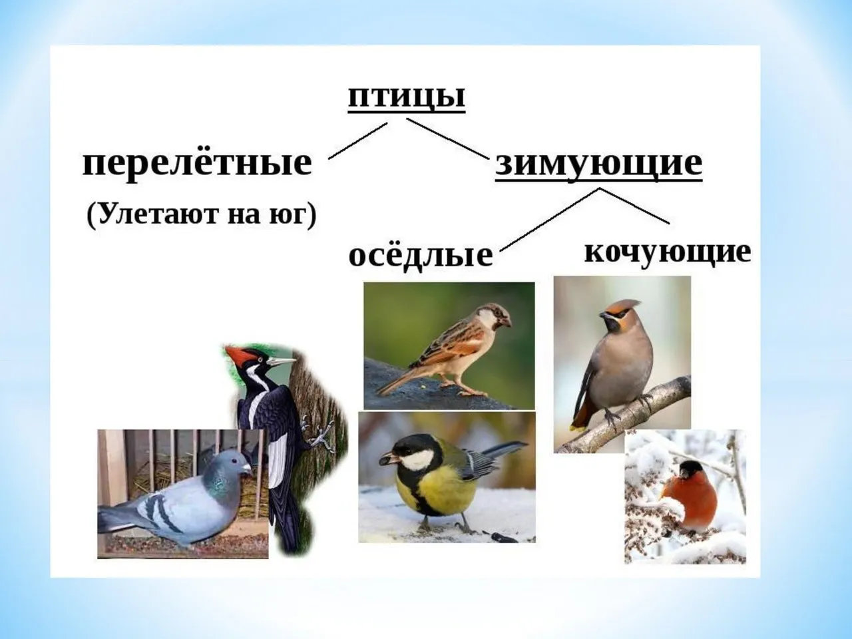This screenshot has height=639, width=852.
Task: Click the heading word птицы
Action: click(407, 97)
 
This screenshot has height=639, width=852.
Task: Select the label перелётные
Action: click(197, 162)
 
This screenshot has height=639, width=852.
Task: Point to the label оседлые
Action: click(421, 255)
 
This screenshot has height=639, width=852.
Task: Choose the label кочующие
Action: click(668, 253)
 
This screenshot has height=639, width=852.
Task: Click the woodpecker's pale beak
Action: click(281, 361)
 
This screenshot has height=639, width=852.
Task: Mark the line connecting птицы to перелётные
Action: click(358, 141)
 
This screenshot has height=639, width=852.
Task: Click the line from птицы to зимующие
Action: click(447, 138)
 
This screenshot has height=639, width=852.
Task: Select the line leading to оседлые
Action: click(550, 220)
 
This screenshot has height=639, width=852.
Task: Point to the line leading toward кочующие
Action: click(634, 206)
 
